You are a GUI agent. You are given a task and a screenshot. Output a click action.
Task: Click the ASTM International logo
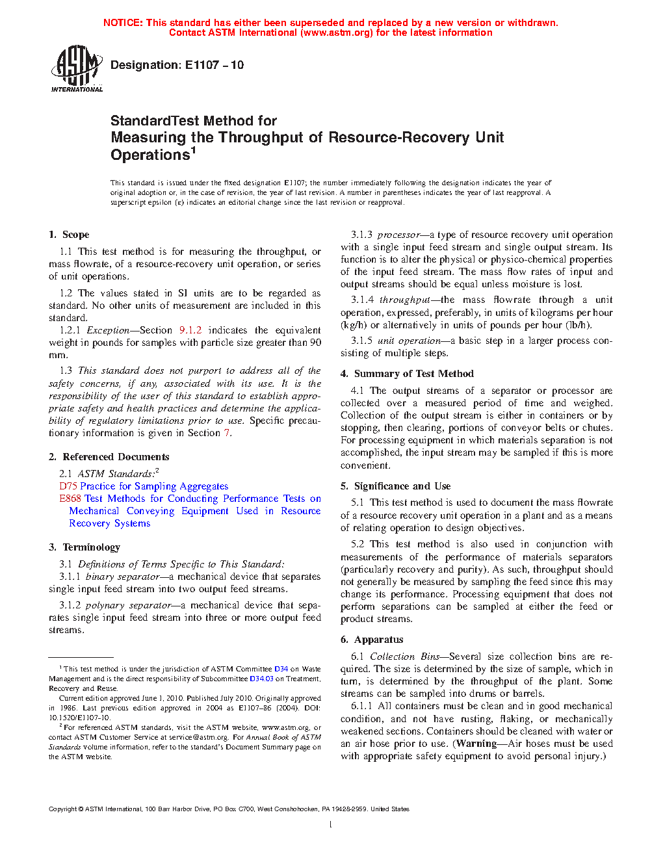[x=77, y=68]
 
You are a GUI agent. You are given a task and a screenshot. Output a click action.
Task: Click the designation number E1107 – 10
[x=214, y=65]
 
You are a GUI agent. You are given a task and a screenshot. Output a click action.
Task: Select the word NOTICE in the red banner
[x=122, y=23]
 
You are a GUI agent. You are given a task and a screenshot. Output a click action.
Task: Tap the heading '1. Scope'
[x=69, y=235]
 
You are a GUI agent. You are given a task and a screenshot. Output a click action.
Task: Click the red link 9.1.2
[x=190, y=330]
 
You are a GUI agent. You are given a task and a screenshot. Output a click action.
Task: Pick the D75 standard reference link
[x=68, y=486]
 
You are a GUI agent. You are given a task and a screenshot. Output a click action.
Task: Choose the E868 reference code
[x=70, y=499]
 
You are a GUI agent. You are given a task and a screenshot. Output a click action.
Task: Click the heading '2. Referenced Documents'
[x=109, y=457]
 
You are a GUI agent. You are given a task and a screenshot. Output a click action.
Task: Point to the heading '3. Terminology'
[x=84, y=547]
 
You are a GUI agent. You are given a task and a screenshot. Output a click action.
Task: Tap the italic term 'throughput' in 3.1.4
[x=405, y=300]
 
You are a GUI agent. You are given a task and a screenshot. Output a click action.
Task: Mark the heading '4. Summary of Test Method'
[x=408, y=374]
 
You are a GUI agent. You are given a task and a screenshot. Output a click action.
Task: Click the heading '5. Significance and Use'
[x=396, y=486]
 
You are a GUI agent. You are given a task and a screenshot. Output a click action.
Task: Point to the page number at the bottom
[x=331, y=825]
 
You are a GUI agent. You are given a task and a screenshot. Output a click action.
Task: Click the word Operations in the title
[x=150, y=155]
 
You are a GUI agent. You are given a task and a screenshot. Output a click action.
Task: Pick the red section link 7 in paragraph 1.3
[x=226, y=433]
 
